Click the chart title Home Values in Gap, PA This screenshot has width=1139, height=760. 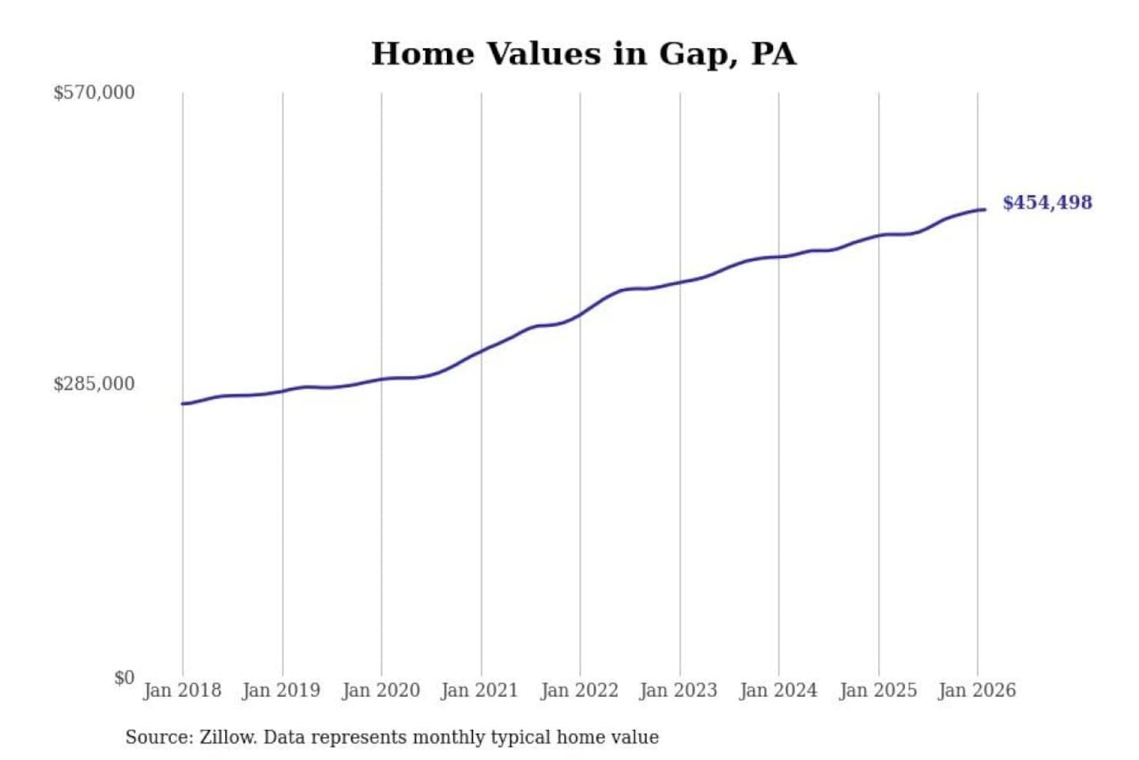coord(584,54)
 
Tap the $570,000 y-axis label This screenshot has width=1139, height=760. coord(94,93)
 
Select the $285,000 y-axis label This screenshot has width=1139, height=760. coord(94,384)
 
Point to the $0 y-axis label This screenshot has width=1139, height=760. coord(123,678)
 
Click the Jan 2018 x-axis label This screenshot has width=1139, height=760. coord(182,690)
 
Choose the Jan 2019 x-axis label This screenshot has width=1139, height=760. coord(281,690)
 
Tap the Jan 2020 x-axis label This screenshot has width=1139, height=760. coord(380,690)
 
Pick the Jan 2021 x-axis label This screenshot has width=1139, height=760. coord(479,690)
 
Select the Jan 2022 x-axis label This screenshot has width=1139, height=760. coord(579,690)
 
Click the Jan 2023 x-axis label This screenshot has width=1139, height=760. coord(678,690)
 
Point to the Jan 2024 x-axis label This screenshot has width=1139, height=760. coord(778,690)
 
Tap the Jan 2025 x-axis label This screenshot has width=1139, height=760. coord(877,690)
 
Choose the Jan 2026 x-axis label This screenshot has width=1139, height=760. coord(976,690)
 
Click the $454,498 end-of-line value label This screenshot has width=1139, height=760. coord(1047,203)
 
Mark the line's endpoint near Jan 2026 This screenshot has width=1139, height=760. coord(984,210)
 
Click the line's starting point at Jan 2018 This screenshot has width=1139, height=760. coord(183,404)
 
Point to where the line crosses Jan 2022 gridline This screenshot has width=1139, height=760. coord(580,314)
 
